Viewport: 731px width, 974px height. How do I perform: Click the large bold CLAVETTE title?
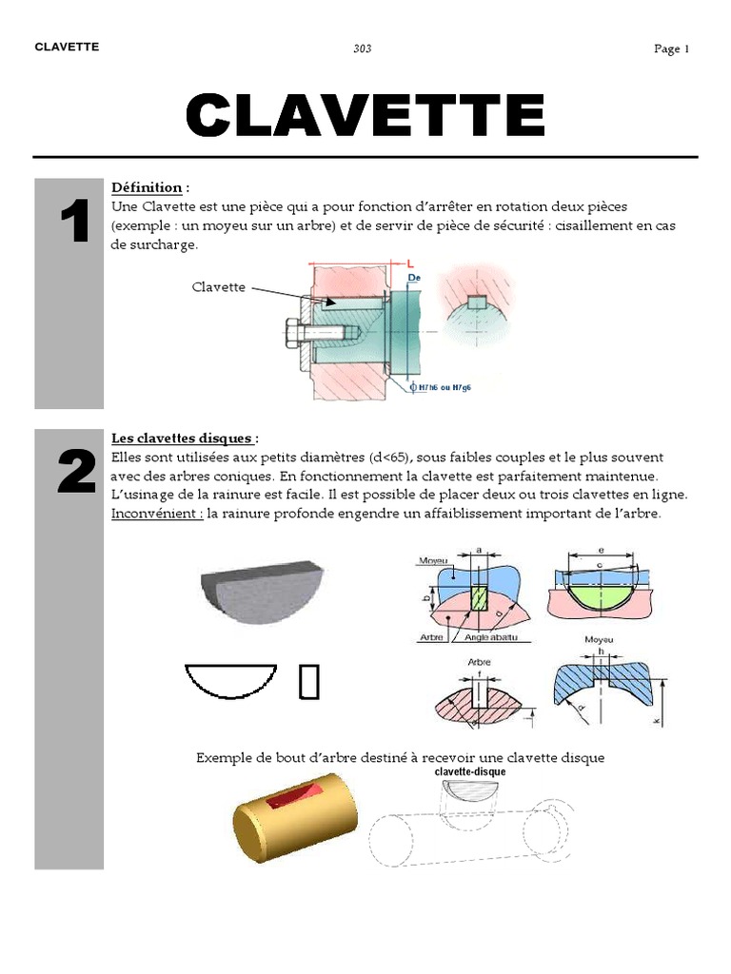[365, 115]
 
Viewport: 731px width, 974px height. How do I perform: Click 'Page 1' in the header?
[671, 49]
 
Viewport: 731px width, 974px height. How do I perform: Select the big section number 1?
[74, 223]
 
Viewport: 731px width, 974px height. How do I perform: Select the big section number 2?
[75, 473]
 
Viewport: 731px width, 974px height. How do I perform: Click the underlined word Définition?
[147, 187]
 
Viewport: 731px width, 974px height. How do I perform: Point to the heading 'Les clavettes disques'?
[182, 438]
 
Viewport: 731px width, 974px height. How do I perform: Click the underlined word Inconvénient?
[156, 514]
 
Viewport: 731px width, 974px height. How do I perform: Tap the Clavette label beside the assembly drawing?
[219, 286]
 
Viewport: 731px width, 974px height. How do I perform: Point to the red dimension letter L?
[409, 263]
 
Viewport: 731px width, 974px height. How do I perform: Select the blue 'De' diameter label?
[414, 278]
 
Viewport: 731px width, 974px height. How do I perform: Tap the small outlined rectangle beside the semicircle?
[308, 682]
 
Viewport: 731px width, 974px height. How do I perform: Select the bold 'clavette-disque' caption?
[470, 772]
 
